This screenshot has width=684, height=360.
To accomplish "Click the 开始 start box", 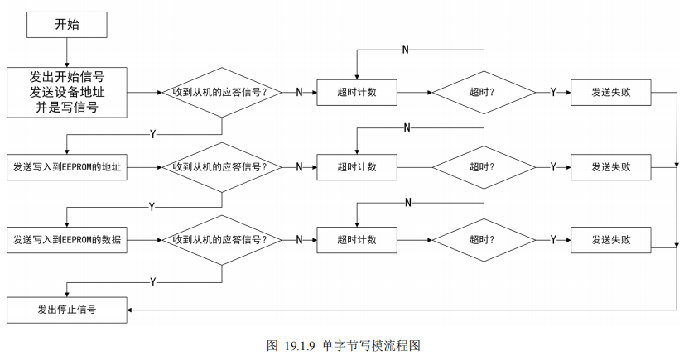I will tap(66, 24).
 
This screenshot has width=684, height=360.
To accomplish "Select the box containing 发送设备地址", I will tap(66, 91).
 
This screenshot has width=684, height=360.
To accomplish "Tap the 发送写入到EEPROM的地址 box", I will tap(67, 166).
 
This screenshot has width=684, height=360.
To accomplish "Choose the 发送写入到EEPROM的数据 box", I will tap(67, 240).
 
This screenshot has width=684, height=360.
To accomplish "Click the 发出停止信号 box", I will tap(67, 310).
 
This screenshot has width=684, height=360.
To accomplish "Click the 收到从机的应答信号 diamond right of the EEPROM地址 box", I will tap(221, 166).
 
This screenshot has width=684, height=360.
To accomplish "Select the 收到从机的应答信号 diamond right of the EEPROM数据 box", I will tap(221, 240).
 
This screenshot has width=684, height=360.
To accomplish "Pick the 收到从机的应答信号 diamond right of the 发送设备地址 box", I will tap(221, 92).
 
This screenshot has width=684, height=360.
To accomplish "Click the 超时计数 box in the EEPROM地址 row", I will tap(357, 166).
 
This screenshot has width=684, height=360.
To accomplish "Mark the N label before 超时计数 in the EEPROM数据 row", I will tap(299, 240).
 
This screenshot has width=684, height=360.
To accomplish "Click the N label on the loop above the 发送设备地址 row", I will tap(405, 50).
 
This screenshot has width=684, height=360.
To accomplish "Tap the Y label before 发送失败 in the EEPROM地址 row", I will tap(553, 166).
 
